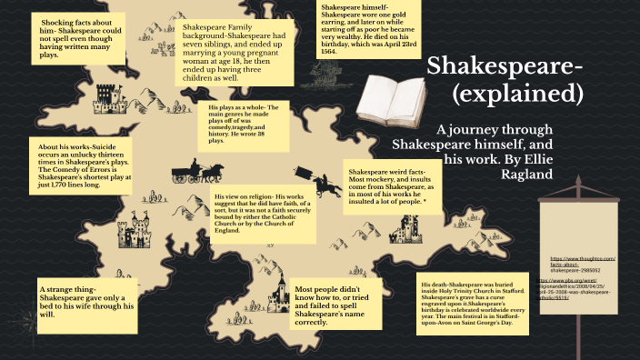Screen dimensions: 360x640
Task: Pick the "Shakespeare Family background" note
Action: tap(240, 54)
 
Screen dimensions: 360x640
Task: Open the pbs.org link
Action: tap(585, 293)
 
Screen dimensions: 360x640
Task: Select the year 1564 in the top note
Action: tap(328, 52)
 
